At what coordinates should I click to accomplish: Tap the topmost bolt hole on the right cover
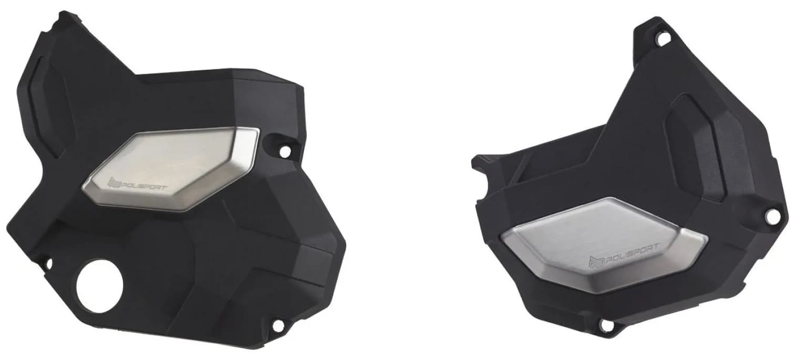pyautogui.click(x=662, y=38)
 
